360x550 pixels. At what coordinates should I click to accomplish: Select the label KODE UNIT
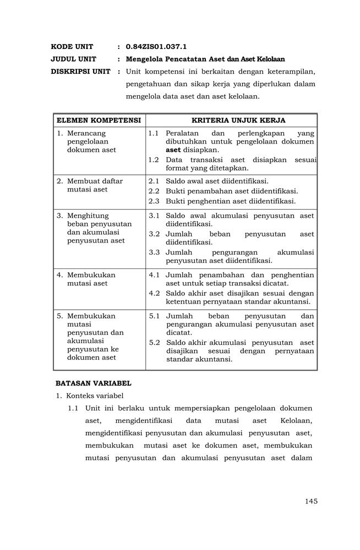(72, 47)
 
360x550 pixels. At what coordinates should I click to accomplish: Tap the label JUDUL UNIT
(74, 59)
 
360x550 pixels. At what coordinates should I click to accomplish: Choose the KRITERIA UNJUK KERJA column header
(231, 120)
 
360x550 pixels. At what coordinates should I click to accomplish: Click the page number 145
(310, 501)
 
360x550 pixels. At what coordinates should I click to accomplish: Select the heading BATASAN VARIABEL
(93, 383)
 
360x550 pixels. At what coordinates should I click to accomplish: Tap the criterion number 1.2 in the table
(154, 160)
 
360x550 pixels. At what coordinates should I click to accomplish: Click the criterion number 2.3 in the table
(154, 201)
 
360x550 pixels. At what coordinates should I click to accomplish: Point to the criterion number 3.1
(154, 216)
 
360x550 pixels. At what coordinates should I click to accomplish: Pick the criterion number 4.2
(154, 293)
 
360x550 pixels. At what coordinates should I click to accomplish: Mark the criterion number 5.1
(154, 316)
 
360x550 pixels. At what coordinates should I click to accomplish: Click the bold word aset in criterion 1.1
(173, 150)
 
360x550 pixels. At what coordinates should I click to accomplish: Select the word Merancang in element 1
(86, 133)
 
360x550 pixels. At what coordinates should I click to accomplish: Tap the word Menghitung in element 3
(88, 216)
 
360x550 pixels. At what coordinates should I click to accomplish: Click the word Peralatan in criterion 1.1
(182, 133)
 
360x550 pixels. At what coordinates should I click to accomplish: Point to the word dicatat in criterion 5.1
(178, 333)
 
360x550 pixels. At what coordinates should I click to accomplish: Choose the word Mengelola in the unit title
(145, 59)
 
